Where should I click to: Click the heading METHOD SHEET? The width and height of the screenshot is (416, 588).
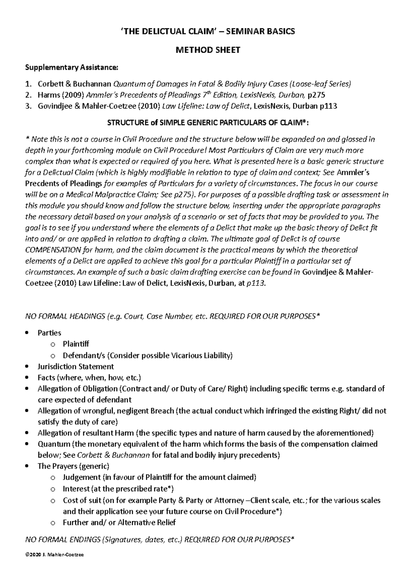[x=208, y=50]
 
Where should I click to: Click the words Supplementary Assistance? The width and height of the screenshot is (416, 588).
[x=71, y=68]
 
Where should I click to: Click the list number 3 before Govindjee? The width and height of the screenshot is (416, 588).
[x=28, y=106]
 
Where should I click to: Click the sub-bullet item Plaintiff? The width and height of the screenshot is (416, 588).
[x=76, y=344]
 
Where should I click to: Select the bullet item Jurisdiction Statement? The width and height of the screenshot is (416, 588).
[x=76, y=366]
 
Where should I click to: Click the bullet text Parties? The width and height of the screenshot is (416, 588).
[x=49, y=333]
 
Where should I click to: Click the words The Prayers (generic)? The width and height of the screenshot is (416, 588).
[x=73, y=466]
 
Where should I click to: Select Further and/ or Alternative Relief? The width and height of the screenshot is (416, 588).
[x=119, y=523]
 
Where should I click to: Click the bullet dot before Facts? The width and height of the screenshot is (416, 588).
[x=28, y=378]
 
